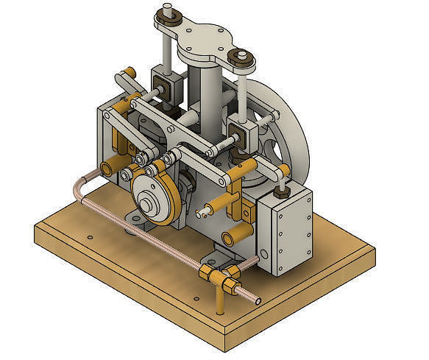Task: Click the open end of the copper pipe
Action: tap(258, 300)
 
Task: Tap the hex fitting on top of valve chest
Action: tap(280, 191)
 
